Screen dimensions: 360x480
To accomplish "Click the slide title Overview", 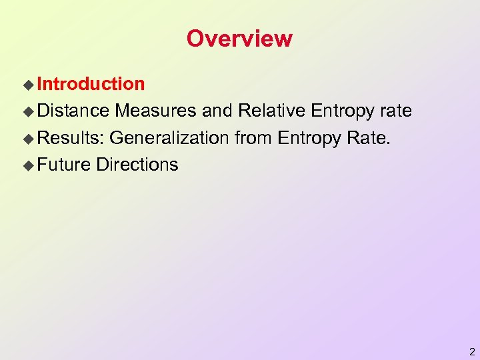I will click(239, 39).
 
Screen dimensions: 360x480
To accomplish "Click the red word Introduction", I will click(91, 84).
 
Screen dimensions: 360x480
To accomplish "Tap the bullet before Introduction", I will click(28, 85).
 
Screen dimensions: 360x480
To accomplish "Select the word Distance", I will click(73, 111).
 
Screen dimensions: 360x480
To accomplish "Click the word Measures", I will click(156, 111).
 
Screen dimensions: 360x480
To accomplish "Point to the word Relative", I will click(273, 111).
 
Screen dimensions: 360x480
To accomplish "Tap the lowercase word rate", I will click(395, 111).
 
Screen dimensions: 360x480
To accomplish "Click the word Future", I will click(64, 165).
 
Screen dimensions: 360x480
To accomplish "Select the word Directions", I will click(137, 165).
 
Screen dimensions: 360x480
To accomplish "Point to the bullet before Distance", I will click(28, 111).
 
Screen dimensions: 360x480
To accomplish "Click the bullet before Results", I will click(28, 139).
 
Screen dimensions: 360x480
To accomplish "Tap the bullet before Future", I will click(28, 165).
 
